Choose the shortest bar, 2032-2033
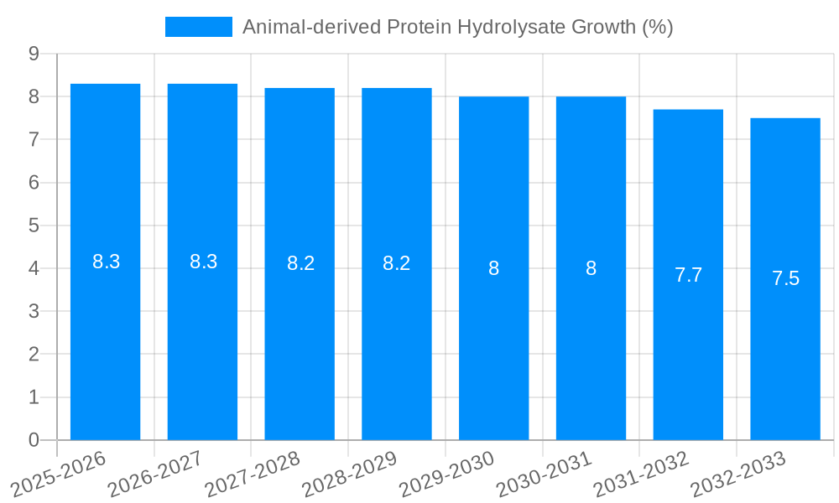[785, 352]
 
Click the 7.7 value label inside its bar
[688, 275]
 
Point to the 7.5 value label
[785, 279]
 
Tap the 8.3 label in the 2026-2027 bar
[203, 262]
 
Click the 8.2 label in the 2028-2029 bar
[396, 263]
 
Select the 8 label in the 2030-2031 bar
[591, 268]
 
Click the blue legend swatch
[199, 27]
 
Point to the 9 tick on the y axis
[34, 54]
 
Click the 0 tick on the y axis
[34, 440]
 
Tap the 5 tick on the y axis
[34, 226]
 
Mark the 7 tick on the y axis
[34, 139]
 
